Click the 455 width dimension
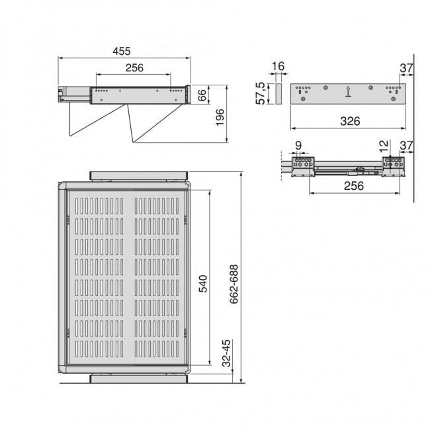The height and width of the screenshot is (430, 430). click(x=121, y=51)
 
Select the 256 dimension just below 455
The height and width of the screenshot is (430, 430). click(x=134, y=68)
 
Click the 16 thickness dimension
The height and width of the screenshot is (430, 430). click(x=278, y=66)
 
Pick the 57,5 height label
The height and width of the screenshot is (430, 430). click(x=262, y=93)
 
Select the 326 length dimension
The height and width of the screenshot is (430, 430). click(x=349, y=120)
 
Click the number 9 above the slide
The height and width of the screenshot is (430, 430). click(x=298, y=146)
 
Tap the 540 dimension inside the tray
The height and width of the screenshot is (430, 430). click(x=204, y=283)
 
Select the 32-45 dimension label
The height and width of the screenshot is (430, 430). click(x=226, y=354)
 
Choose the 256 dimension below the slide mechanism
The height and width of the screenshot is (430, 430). click(x=355, y=186)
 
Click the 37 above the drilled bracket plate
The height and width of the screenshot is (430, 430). click(x=407, y=66)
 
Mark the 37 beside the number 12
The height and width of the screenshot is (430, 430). click(x=407, y=146)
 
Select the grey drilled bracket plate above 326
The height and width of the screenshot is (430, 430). click(x=348, y=93)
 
